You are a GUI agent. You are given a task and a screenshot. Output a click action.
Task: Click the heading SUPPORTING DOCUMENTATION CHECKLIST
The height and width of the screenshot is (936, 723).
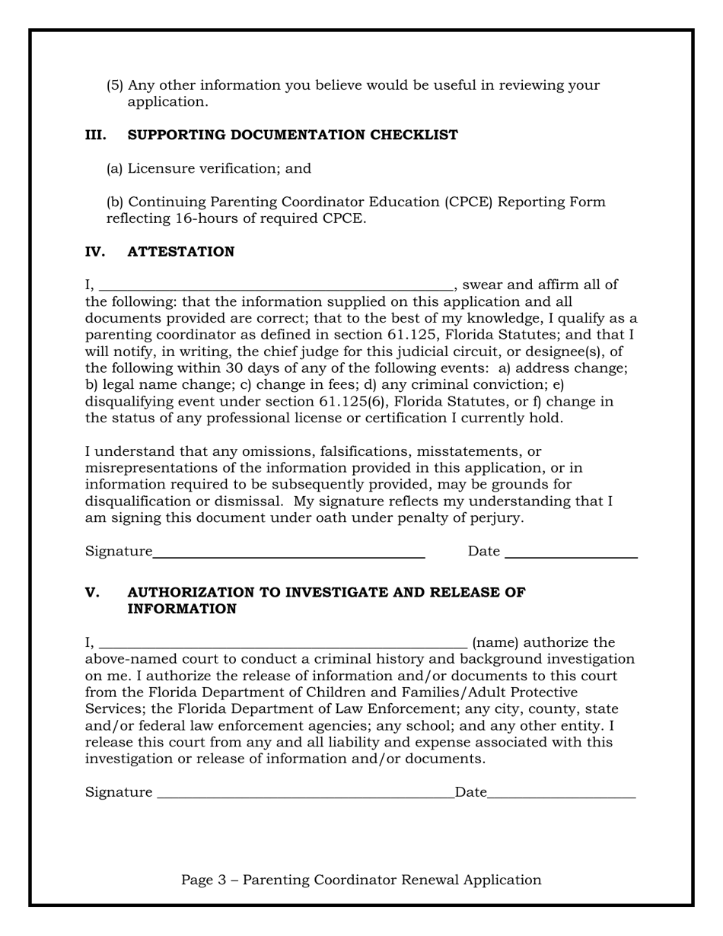click(x=292, y=135)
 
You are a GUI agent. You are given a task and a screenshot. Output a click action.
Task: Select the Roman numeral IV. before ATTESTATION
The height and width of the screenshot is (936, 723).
click(x=95, y=252)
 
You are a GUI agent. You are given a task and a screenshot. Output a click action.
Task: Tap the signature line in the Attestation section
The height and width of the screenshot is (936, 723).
click(x=288, y=556)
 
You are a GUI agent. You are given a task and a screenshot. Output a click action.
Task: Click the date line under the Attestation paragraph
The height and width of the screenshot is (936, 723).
click(x=571, y=556)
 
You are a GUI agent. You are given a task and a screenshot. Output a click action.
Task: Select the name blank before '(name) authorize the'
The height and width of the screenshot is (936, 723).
click(x=283, y=646)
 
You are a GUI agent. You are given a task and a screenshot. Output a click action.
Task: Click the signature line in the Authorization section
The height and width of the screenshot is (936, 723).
click(x=304, y=796)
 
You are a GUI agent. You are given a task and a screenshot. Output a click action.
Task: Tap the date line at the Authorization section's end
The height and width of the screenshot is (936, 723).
click(x=561, y=796)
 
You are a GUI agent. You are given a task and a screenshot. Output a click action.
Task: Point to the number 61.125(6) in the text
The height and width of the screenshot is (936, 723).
click(x=351, y=402)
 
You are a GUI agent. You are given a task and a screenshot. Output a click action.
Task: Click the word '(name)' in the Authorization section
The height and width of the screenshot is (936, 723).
click(x=495, y=643)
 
